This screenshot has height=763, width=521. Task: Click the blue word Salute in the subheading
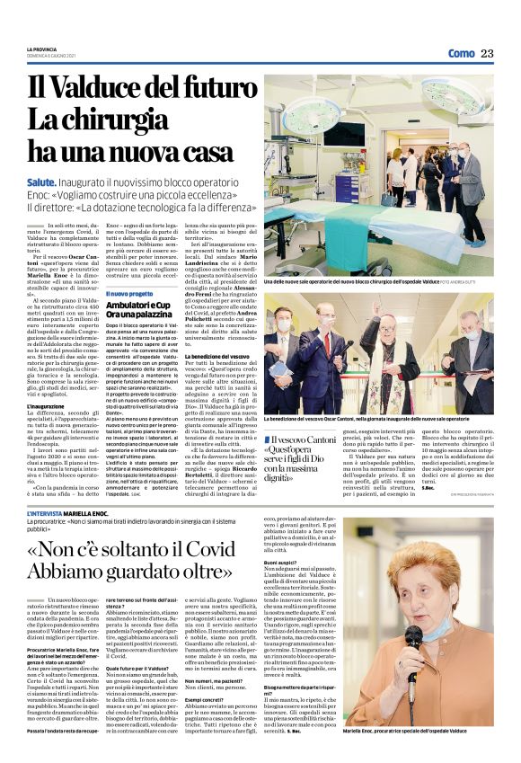click(44, 182)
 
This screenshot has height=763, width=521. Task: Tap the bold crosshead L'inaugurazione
click(45, 406)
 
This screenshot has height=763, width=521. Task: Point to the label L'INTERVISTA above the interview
click(57, 515)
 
